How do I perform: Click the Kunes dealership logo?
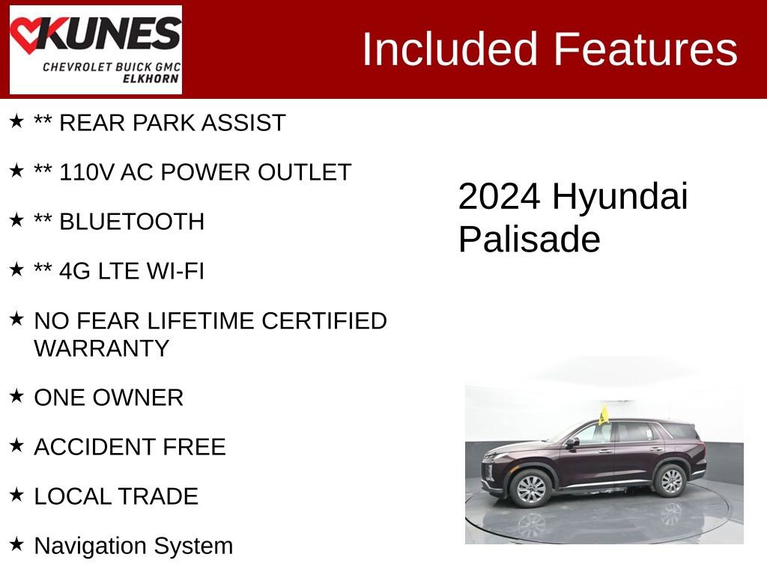tap(95, 49)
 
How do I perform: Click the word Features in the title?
tap(646, 49)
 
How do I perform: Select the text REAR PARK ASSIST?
tap(172, 123)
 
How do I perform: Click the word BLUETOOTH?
tap(132, 222)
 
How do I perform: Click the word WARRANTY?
tap(102, 348)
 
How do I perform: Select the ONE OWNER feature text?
tap(109, 398)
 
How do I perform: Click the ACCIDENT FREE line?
tap(130, 447)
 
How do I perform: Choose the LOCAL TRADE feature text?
tap(116, 496)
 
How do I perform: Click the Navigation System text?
tap(133, 546)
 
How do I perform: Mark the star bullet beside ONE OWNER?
tap(16, 395)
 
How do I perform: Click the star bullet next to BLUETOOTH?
tap(16, 219)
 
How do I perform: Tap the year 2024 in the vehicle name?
tap(499, 197)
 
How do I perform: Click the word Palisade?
tap(529, 240)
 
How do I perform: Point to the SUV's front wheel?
tap(531, 488)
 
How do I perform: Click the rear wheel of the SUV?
tap(671, 481)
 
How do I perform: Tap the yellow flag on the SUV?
tap(603, 414)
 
